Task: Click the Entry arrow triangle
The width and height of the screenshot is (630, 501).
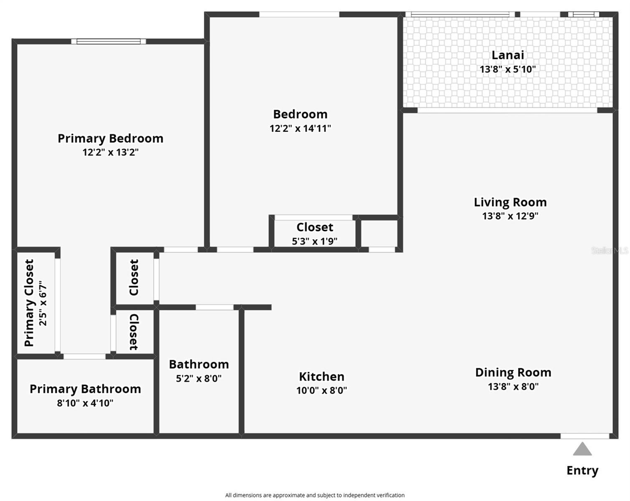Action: (582, 450)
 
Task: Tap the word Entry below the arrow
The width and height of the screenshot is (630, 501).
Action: (582, 471)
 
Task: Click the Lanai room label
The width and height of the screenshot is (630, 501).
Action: (508, 55)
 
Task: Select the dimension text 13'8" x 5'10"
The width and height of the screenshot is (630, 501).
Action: (508, 69)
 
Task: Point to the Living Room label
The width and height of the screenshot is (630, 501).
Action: (510, 202)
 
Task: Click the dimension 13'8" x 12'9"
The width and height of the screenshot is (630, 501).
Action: (510, 216)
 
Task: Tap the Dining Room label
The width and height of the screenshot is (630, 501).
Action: (513, 372)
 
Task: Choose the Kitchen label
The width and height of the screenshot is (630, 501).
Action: (322, 377)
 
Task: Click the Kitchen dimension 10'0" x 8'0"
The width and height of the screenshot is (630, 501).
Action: (322, 391)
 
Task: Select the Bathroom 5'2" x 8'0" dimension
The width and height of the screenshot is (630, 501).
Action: (199, 379)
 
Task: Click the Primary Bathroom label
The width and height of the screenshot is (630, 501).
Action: (85, 389)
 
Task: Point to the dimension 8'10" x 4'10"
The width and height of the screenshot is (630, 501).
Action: (85, 403)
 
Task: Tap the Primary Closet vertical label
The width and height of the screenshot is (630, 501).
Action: (29, 303)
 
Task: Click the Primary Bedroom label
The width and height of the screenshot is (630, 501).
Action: (110, 138)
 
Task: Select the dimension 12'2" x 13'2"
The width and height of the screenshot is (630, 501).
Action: (110, 152)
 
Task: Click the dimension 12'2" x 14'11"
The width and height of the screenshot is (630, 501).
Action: (300, 129)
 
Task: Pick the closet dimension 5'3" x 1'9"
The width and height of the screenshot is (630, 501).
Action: (315, 241)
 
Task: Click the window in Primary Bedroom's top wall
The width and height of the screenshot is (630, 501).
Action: (109, 41)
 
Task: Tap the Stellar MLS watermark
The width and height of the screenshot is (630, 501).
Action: (610, 250)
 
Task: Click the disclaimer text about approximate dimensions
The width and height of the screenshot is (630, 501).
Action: (315, 495)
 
